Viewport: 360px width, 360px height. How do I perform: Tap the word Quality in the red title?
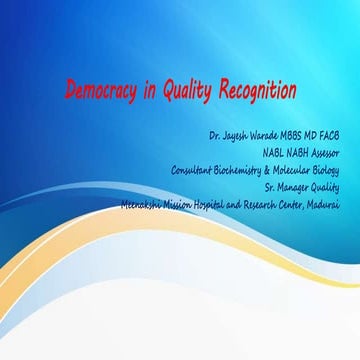point(188,90)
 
